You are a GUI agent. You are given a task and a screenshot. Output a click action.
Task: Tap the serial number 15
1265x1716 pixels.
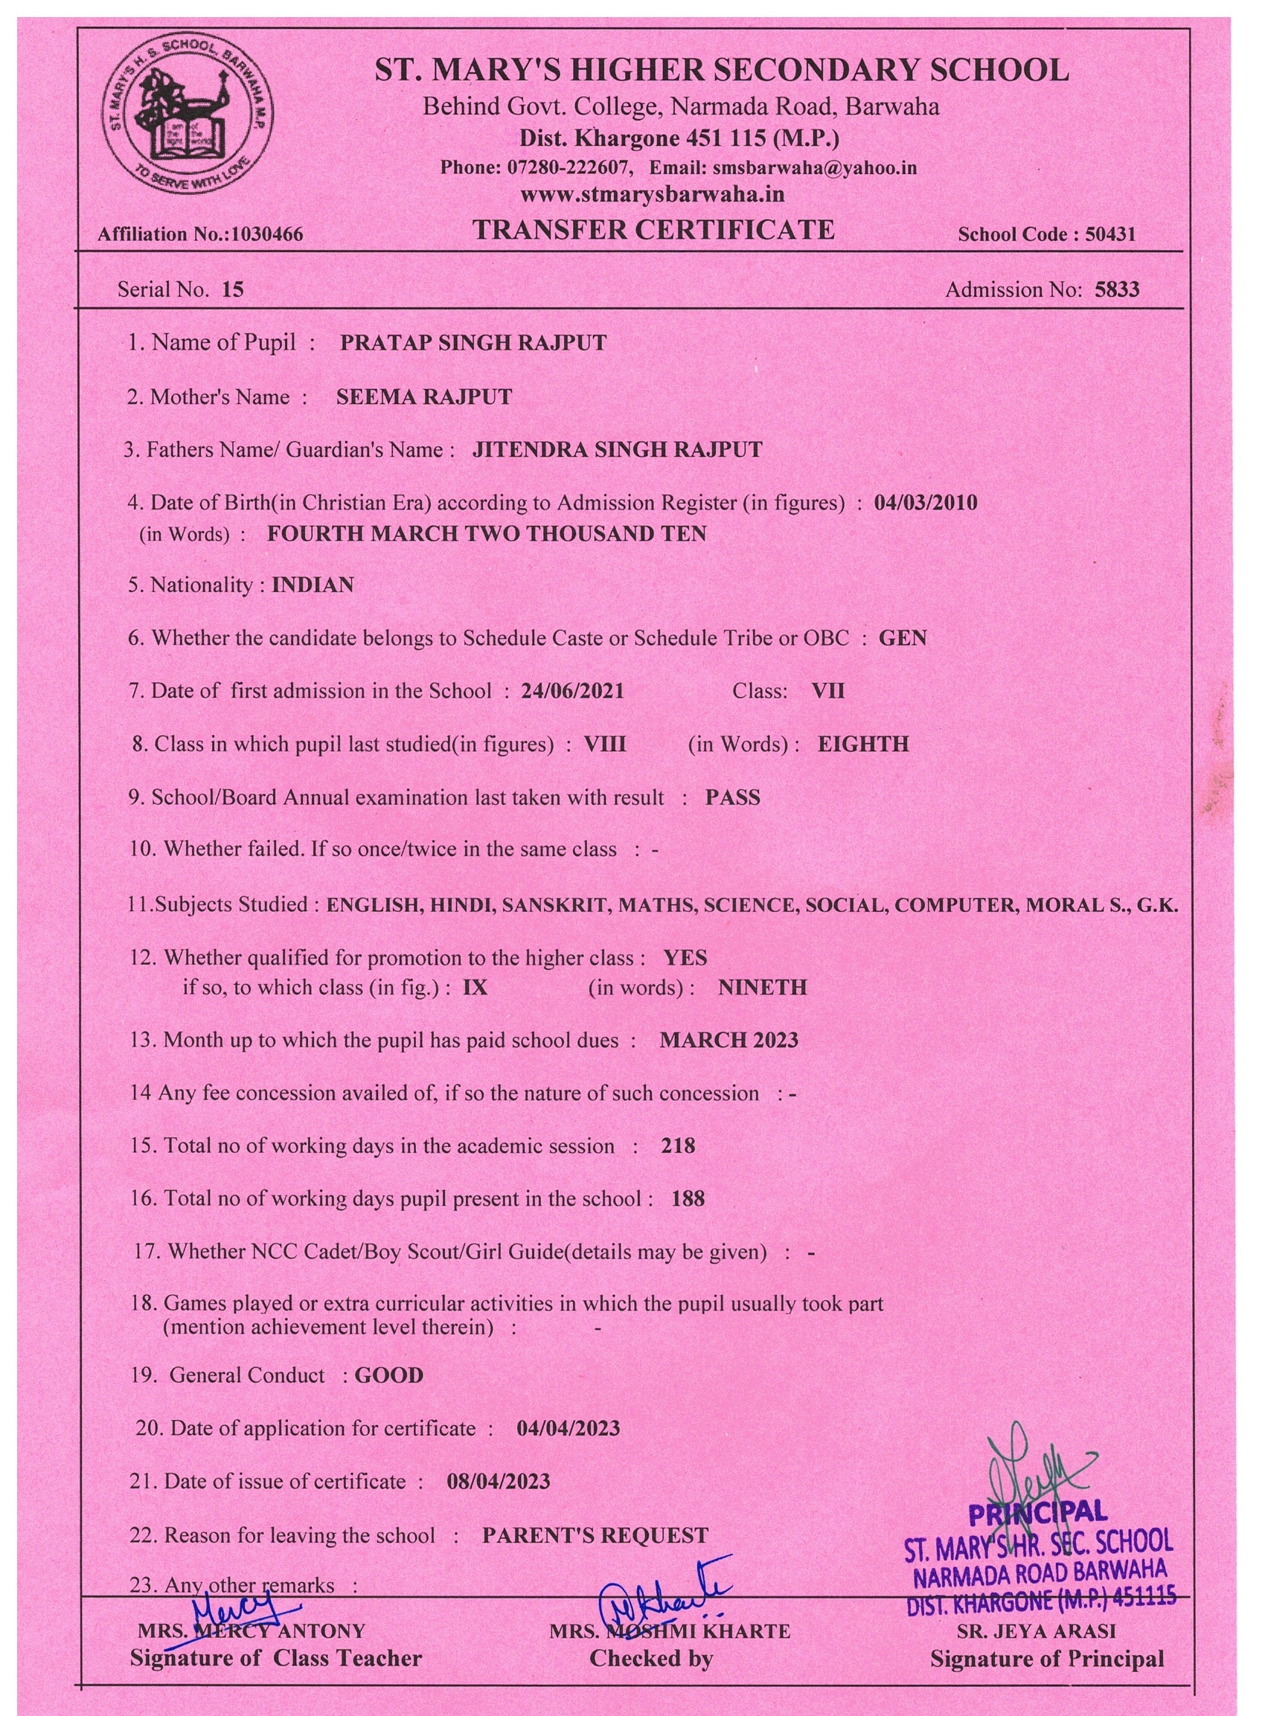pyautogui.click(x=232, y=289)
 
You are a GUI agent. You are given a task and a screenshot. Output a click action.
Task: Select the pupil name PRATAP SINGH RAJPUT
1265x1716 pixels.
pyautogui.click(x=473, y=342)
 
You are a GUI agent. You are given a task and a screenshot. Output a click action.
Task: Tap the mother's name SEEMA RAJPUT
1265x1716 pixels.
pyautogui.click(x=423, y=396)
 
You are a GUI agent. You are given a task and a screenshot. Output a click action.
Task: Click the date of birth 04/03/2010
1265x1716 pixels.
pyautogui.click(x=925, y=503)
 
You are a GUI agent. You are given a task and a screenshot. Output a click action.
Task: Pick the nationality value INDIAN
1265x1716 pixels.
pyautogui.click(x=313, y=585)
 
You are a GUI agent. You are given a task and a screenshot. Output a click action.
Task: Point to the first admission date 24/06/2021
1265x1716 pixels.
pyautogui.click(x=572, y=691)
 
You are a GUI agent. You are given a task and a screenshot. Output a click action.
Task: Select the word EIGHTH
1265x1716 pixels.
pyautogui.click(x=863, y=744)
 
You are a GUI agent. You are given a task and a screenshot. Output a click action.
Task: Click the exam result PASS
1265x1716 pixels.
pyautogui.click(x=732, y=797)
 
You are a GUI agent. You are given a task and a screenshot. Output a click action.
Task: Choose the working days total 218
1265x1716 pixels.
pyautogui.click(x=678, y=1145)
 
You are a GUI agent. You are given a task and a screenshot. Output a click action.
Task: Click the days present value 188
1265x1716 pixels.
pyautogui.click(x=688, y=1198)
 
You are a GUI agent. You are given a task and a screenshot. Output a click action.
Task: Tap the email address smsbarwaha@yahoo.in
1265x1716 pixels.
pyautogui.click(x=815, y=167)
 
